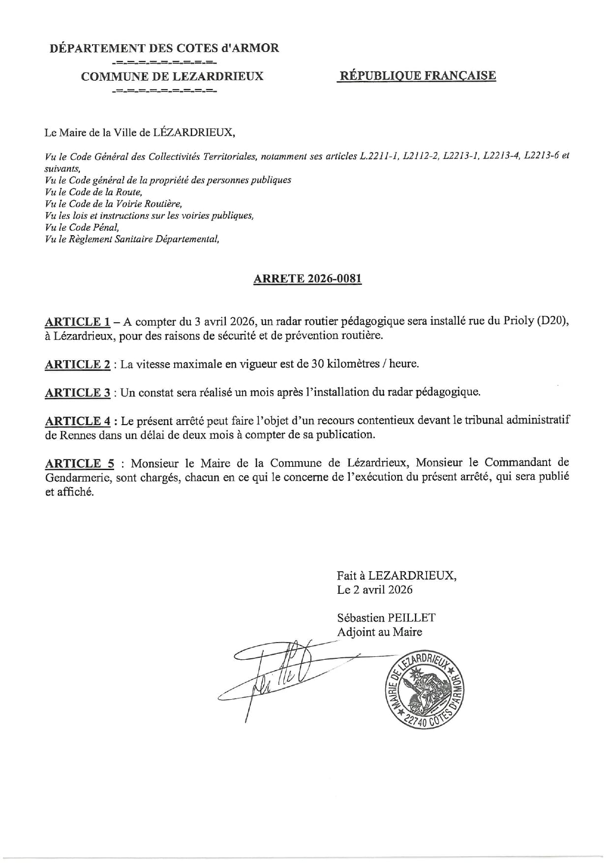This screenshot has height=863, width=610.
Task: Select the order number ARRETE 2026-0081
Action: pyautogui.click(x=307, y=279)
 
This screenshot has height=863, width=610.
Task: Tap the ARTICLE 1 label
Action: pyautogui.click(x=77, y=322)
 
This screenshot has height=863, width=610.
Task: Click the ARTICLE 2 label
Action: pyautogui.click(x=77, y=365)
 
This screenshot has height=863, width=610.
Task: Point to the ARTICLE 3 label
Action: pyautogui.click(x=77, y=393)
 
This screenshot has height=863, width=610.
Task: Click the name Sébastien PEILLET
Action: pyautogui.click(x=386, y=618)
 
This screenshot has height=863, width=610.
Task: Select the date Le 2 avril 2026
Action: pyautogui.click(x=374, y=589)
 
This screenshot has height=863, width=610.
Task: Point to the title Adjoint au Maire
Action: pyautogui.click(x=379, y=632)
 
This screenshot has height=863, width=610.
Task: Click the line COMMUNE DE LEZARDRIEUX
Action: pyautogui.click(x=172, y=76)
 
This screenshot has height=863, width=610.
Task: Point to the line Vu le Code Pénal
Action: pyautogui.click(x=82, y=227)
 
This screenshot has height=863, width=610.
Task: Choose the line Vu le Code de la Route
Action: pyautogui.click(x=93, y=192)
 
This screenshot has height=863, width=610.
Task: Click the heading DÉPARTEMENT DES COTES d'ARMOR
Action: pyautogui.click(x=164, y=48)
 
